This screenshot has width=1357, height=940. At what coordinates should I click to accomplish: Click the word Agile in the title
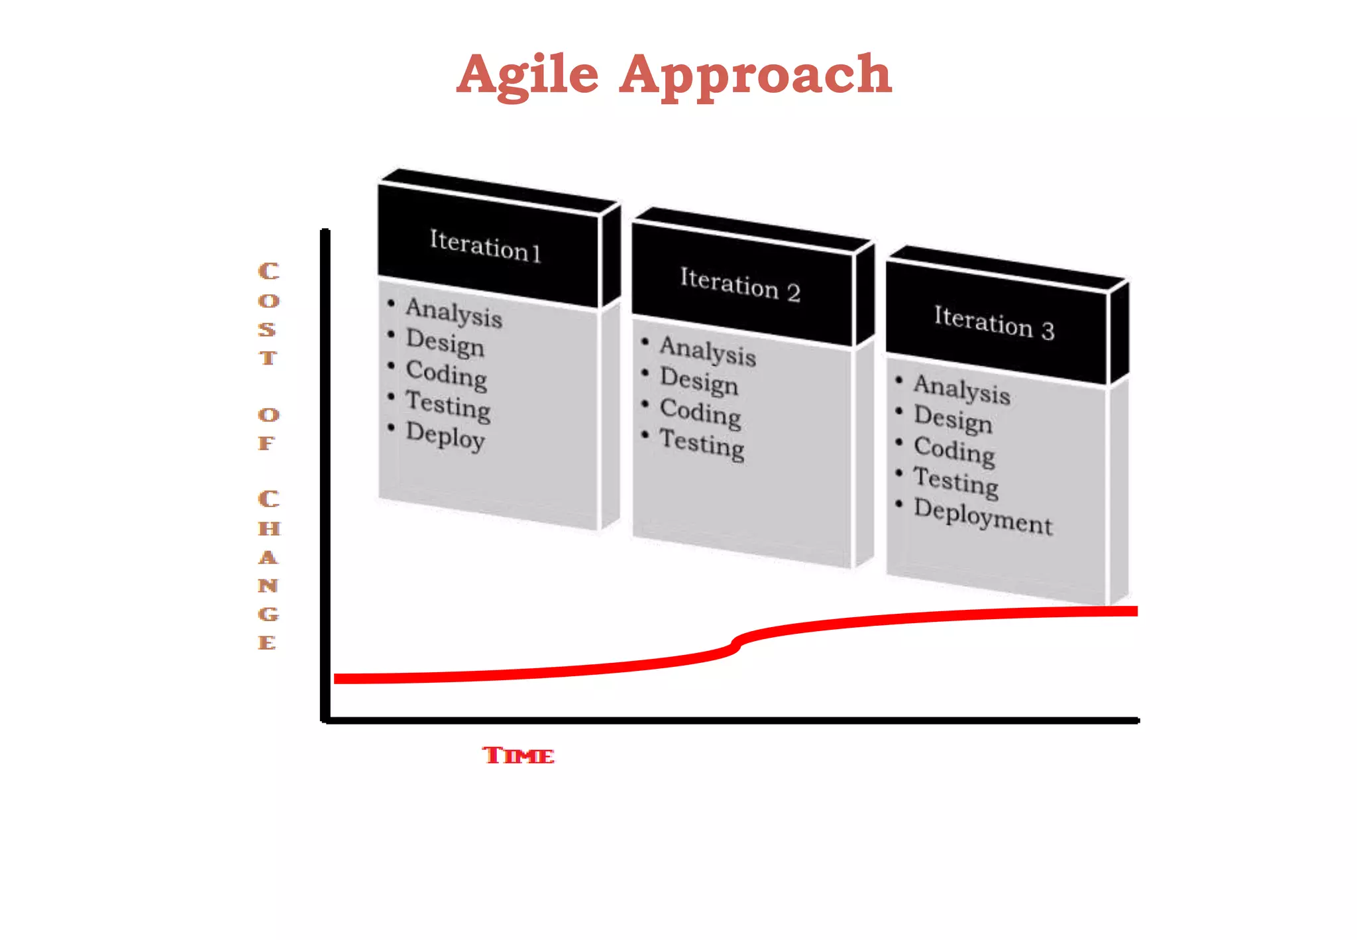point(527,75)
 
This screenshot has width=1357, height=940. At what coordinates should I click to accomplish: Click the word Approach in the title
point(755,75)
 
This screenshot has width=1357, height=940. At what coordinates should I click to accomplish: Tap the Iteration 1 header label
point(485,246)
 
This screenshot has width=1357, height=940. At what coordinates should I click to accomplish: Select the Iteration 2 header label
point(740,285)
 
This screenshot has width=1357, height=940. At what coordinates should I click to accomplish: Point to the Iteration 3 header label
point(994,323)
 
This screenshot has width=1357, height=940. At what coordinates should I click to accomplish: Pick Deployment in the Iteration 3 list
point(983,516)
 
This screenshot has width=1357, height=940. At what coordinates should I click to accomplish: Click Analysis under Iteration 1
point(454,312)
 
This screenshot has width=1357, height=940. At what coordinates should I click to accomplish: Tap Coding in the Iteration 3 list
point(954,451)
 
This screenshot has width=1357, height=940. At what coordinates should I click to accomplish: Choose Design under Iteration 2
point(699,381)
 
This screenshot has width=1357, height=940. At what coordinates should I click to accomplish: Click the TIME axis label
point(518,755)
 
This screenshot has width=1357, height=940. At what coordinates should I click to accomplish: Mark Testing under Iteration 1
point(448,405)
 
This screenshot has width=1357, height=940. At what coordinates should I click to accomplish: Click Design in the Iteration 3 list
point(953,419)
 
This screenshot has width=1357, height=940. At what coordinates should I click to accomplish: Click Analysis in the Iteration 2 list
point(708,351)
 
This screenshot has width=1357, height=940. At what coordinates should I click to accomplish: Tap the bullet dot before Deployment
point(899,504)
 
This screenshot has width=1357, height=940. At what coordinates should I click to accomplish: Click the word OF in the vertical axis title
point(268,429)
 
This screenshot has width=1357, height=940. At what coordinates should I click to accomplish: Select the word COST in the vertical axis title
point(268,314)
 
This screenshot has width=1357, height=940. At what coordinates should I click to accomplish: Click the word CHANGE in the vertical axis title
point(268,571)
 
